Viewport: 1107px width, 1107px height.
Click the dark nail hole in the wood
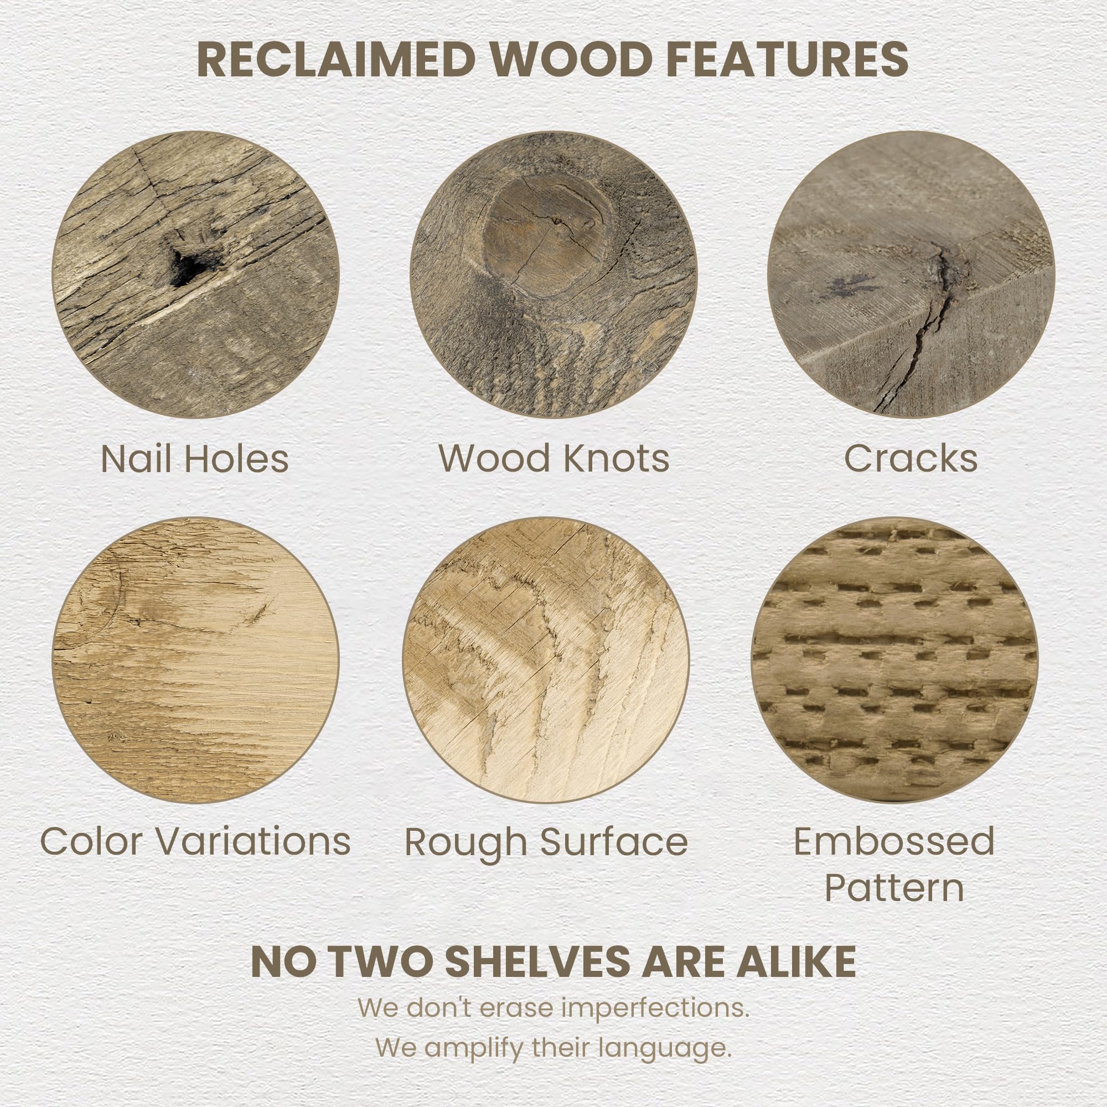click(x=189, y=266)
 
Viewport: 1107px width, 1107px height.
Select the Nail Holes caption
click(x=195, y=458)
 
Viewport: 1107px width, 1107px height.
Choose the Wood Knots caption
click(x=554, y=458)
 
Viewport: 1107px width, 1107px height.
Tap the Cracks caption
click(x=911, y=458)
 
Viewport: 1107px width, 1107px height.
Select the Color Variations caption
click(x=195, y=841)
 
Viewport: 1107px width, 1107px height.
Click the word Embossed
click(x=894, y=841)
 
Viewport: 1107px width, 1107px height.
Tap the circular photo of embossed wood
click(x=894, y=660)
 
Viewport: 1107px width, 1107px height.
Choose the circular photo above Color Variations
click(x=195, y=660)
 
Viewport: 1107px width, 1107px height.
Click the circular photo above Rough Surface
click(x=546, y=660)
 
